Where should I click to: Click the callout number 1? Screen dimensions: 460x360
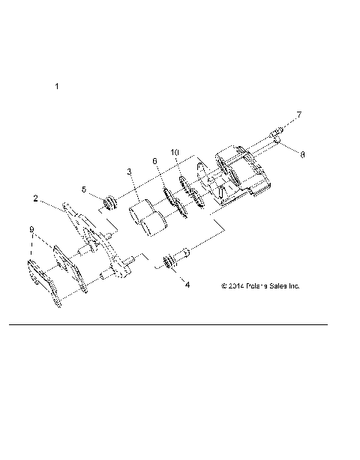click(57, 87)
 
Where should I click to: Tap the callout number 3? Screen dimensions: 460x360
click(129, 172)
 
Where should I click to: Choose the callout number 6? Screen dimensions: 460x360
click(154, 161)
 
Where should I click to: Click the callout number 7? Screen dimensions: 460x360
click(299, 115)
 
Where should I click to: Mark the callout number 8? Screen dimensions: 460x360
click(301, 155)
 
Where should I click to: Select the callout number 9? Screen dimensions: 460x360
click(31, 229)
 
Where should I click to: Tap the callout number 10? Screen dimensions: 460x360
click(175, 152)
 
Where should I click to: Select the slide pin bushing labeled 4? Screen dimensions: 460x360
click(172, 261)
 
